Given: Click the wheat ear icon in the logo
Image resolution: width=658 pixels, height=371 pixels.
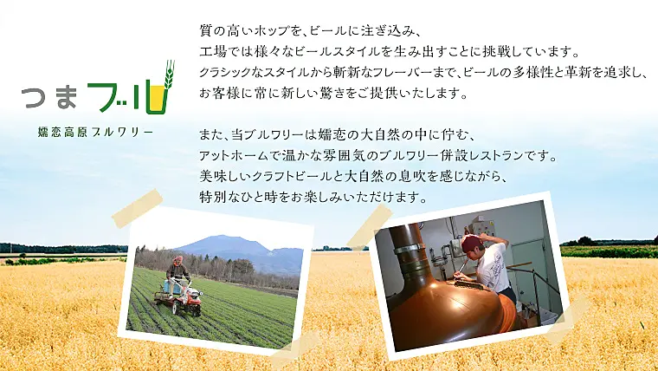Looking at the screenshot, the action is [x=169, y=75].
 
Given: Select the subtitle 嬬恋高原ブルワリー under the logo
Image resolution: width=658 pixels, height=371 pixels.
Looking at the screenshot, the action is [x=95, y=133].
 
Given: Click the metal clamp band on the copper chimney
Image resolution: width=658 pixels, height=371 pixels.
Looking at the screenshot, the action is [x=410, y=249].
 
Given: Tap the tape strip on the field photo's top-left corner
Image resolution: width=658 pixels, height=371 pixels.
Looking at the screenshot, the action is [x=137, y=208].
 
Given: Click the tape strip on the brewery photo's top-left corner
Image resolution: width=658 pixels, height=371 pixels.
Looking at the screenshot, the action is [x=370, y=227].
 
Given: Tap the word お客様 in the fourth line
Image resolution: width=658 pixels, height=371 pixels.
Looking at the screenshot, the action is [x=219, y=94].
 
